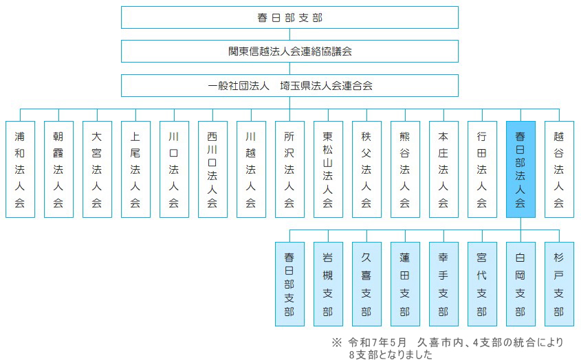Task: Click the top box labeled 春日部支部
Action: click(x=289, y=17)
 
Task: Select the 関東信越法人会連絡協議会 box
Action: click(x=289, y=51)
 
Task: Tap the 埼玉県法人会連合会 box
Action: click(x=289, y=86)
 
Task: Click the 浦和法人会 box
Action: click(x=20, y=169)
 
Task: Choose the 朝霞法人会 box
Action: click(x=58, y=169)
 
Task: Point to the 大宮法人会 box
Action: click(x=97, y=169)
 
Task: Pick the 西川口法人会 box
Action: click(x=212, y=169)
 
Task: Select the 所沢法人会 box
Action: click(x=289, y=169)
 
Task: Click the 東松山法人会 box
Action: click(x=328, y=169)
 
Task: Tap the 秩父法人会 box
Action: click(x=367, y=169)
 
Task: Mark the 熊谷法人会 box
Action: click(x=406, y=169)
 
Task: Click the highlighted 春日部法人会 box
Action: click(x=520, y=169)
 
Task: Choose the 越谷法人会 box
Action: click(x=559, y=169)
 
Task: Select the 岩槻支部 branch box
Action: click(x=328, y=284)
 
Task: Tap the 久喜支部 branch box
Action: click(x=367, y=284)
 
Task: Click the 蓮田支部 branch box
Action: click(x=406, y=284)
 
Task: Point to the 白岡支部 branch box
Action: click(x=520, y=284)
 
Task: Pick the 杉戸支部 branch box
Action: click(x=559, y=284)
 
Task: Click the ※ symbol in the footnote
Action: click(x=336, y=342)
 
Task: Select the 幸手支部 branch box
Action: click(x=444, y=284)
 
